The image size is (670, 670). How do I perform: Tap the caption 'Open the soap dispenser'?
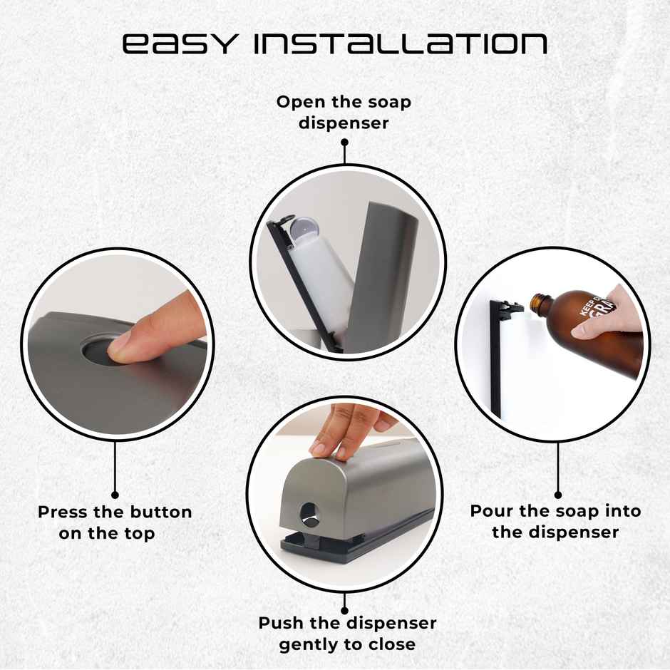pos(344,112)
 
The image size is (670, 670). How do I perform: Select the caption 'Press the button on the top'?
pos(115,522)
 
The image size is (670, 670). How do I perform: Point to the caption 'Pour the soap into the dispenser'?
pos(555,521)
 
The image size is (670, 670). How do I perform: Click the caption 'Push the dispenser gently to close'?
pos(347,634)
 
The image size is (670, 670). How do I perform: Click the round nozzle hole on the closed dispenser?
pos(309,511)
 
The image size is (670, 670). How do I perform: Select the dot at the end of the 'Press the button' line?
pos(115,494)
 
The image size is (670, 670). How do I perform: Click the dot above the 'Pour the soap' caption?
pos(558,494)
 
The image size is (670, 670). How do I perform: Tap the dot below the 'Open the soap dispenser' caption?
pos(344,142)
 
